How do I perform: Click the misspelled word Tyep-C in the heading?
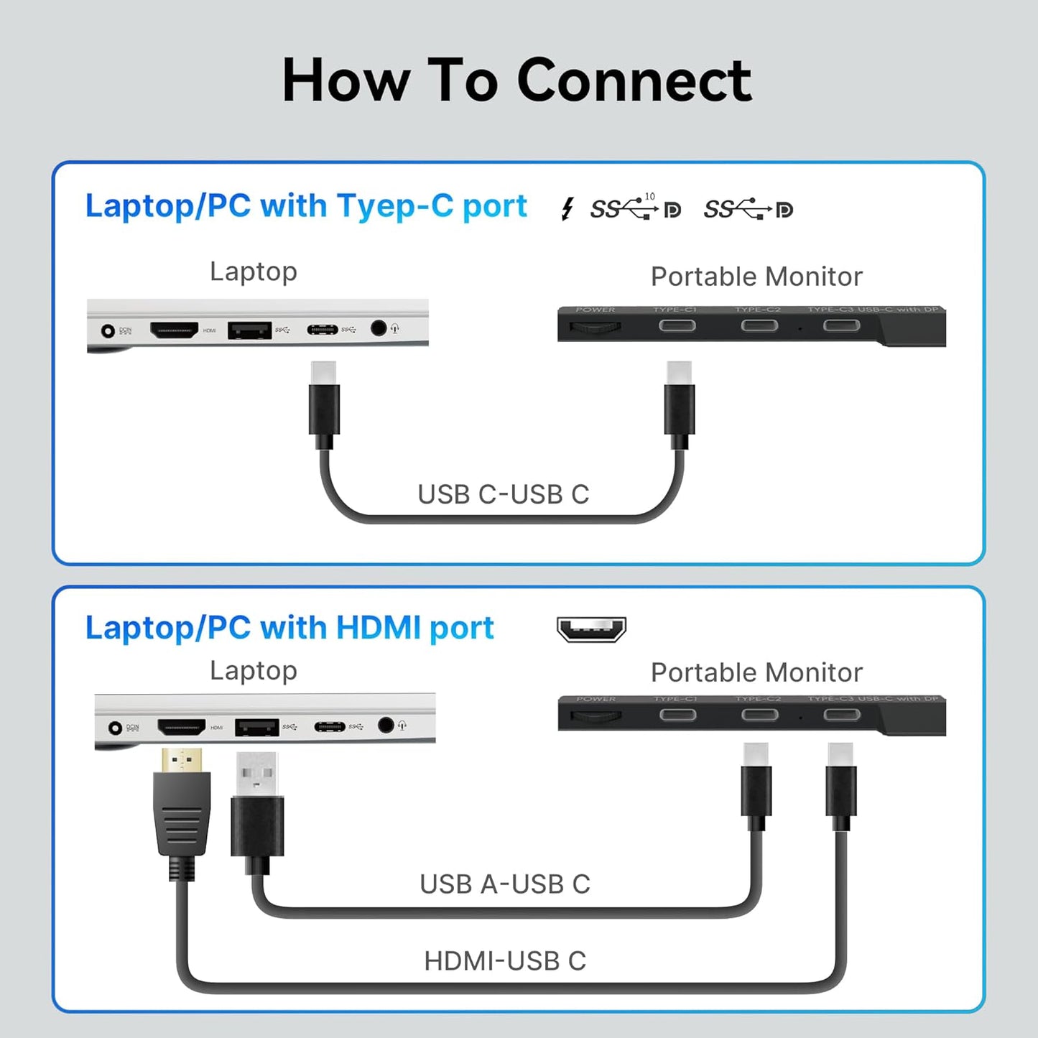click(x=395, y=206)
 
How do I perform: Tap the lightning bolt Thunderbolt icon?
click(x=567, y=209)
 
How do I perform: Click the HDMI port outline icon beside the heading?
click(x=591, y=629)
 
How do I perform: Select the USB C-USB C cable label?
click(x=503, y=494)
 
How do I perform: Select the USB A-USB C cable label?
click(x=504, y=884)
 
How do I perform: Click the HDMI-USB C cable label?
click(x=504, y=960)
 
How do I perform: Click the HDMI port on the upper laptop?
click(x=174, y=330)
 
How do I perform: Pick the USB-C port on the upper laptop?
click(x=322, y=330)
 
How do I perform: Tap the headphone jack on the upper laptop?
click(x=379, y=328)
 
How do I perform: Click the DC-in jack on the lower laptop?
click(x=115, y=728)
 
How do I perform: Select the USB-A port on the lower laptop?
click(x=256, y=727)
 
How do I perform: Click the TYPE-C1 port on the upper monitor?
click(x=677, y=326)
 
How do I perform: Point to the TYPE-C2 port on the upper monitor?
click(x=759, y=326)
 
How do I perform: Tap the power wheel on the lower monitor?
click(x=595, y=715)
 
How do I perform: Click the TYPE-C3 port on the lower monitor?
click(x=841, y=715)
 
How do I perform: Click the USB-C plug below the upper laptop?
click(x=324, y=402)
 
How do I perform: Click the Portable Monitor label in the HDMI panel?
click(x=756, y=672)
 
